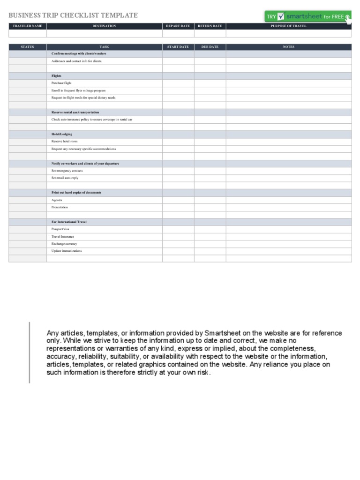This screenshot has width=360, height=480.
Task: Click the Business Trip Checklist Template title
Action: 73,15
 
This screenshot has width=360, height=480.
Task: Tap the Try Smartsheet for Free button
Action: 307,16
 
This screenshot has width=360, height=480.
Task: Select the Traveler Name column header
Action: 27,26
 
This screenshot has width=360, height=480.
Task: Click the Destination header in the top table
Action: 104,26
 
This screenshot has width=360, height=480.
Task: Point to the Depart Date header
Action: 178,26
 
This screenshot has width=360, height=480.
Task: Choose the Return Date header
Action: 210,26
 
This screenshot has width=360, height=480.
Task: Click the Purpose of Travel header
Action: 288,26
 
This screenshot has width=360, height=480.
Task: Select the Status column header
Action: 27,47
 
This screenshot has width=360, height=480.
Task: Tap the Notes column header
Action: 288,47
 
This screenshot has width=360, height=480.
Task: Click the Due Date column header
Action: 210,47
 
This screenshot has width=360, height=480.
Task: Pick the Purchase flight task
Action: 61,83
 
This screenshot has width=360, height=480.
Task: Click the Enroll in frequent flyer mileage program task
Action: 78,90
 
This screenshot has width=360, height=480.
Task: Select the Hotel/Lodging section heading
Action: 62,134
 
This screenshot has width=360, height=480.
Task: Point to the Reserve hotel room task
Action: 65,141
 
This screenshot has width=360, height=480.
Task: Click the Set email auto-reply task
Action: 65,178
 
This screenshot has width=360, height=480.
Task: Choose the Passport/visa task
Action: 60,229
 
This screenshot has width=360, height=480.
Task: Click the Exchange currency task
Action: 64,244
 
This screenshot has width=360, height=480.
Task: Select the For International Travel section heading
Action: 69,222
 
